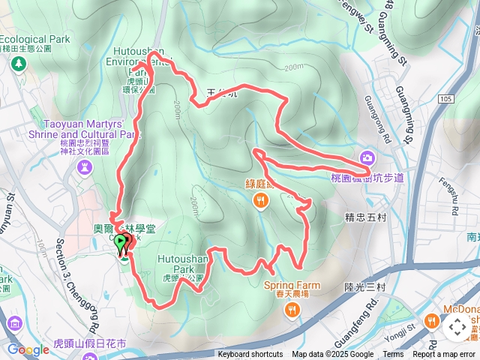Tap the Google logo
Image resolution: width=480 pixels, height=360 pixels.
(x=28, y=349)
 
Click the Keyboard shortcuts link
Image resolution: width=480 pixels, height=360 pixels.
(x=250, y=355)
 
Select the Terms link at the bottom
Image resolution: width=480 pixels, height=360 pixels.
(x=393, y=355)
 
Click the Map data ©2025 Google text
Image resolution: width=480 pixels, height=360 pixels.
(x=333, y=355)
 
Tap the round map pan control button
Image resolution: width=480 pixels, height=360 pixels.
(x=457, y=327)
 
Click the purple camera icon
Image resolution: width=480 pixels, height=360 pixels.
(x=367, y=157)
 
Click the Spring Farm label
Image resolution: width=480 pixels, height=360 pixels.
(x=292, y=286)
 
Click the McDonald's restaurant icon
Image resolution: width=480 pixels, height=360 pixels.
(x=432, y=321)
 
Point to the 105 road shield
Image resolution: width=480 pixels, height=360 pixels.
(x=447, y=98)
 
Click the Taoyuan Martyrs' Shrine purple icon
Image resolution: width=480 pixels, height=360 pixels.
(x=82, y=165)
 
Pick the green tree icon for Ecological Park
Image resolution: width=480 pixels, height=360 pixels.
(x=16, y=64)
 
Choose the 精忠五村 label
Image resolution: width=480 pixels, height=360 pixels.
(x=365, y=218)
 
